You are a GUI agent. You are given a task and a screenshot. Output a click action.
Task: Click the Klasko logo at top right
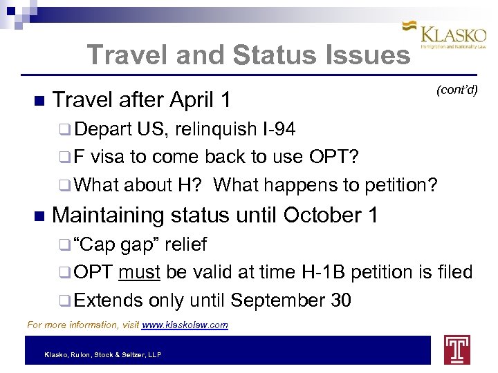click(x=445, y=34)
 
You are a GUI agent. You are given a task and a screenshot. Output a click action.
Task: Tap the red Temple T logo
click(x=456, y=350)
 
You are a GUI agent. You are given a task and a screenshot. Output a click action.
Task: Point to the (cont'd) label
click(x=456, y=90)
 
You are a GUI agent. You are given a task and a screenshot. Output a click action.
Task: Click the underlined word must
click(x=139, y=273)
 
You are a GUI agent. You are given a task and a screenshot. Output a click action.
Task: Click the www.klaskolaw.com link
click(x=185, y=325)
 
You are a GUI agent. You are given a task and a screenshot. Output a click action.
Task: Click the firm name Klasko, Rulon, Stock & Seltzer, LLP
click(x=102, y=354)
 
